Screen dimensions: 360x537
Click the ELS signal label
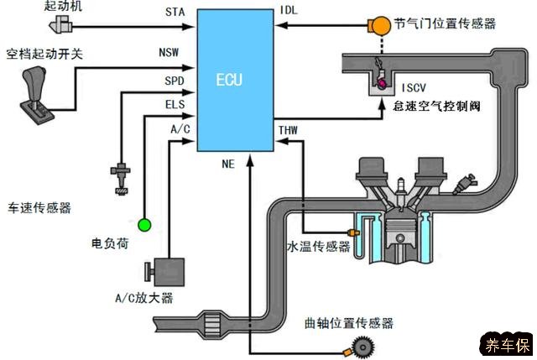[x=175, y=106]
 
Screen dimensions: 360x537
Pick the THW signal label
[x=287, y=130]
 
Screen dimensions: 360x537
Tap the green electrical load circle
[x=144, y=224]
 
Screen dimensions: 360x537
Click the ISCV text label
[x=415, y=87]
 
